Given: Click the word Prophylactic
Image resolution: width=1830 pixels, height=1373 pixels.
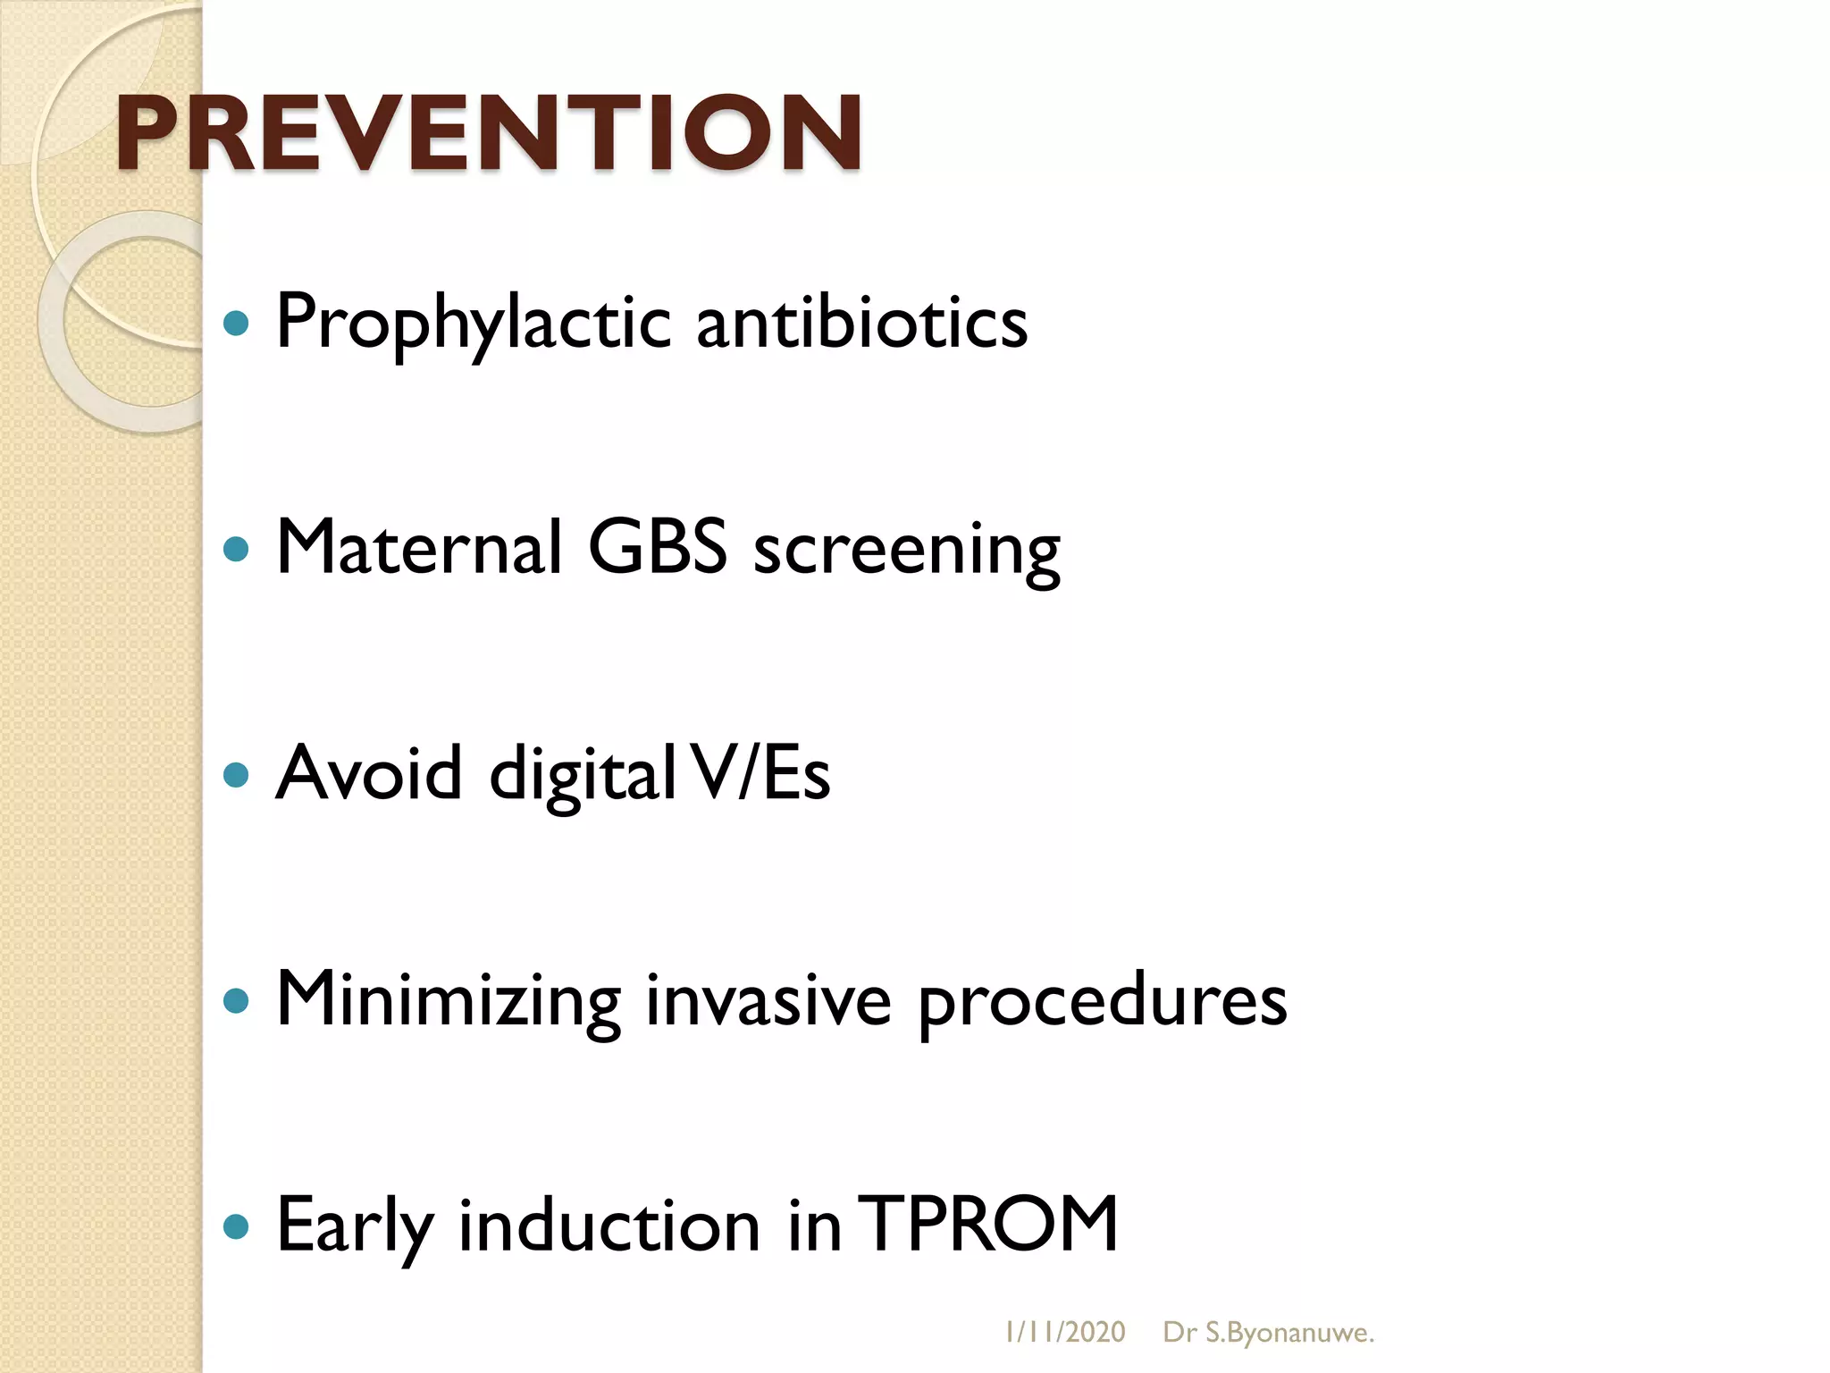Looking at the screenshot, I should pyautogui.click(x=473, y=322).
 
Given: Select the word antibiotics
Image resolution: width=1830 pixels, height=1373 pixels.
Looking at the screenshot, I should pyautogui.click(x=861, y=322).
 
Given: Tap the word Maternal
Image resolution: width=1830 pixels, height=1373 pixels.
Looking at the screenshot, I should pyautogui.click(x=419, y=547).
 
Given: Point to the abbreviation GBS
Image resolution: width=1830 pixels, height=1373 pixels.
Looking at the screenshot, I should pyautogui.click(x=657, y=547).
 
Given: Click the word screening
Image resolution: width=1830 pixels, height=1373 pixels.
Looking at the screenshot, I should pyautogui.click(x=907, y=551).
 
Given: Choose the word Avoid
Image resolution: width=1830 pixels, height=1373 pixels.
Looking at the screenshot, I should pyautogui.click(x=369, y=773).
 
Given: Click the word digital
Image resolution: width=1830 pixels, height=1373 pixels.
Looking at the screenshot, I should pyautogui.click(x=582, y=776).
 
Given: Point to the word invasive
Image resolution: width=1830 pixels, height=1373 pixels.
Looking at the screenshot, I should pyautogui.click(x=768, y=999).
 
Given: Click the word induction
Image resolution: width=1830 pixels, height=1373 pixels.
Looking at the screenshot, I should pyautogui.click(x=609, y=1225).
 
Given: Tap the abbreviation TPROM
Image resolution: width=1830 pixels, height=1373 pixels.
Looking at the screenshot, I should pyautogui.click(x=992, y=1224).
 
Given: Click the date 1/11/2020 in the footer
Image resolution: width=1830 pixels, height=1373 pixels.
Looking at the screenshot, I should pyautogui.click(x=1064, y=1333).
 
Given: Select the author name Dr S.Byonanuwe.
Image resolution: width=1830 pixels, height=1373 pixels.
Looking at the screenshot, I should pyautogui.click(x=1268, y=1333).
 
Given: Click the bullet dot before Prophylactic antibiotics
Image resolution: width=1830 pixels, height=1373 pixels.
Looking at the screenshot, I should pyautogui.click(x=235, y=324).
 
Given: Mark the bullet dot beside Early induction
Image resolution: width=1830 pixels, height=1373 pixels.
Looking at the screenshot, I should pyautogui.click(x=235, y=1226).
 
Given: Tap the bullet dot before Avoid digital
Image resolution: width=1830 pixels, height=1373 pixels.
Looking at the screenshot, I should pyautogui.click(x=235, y=774).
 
